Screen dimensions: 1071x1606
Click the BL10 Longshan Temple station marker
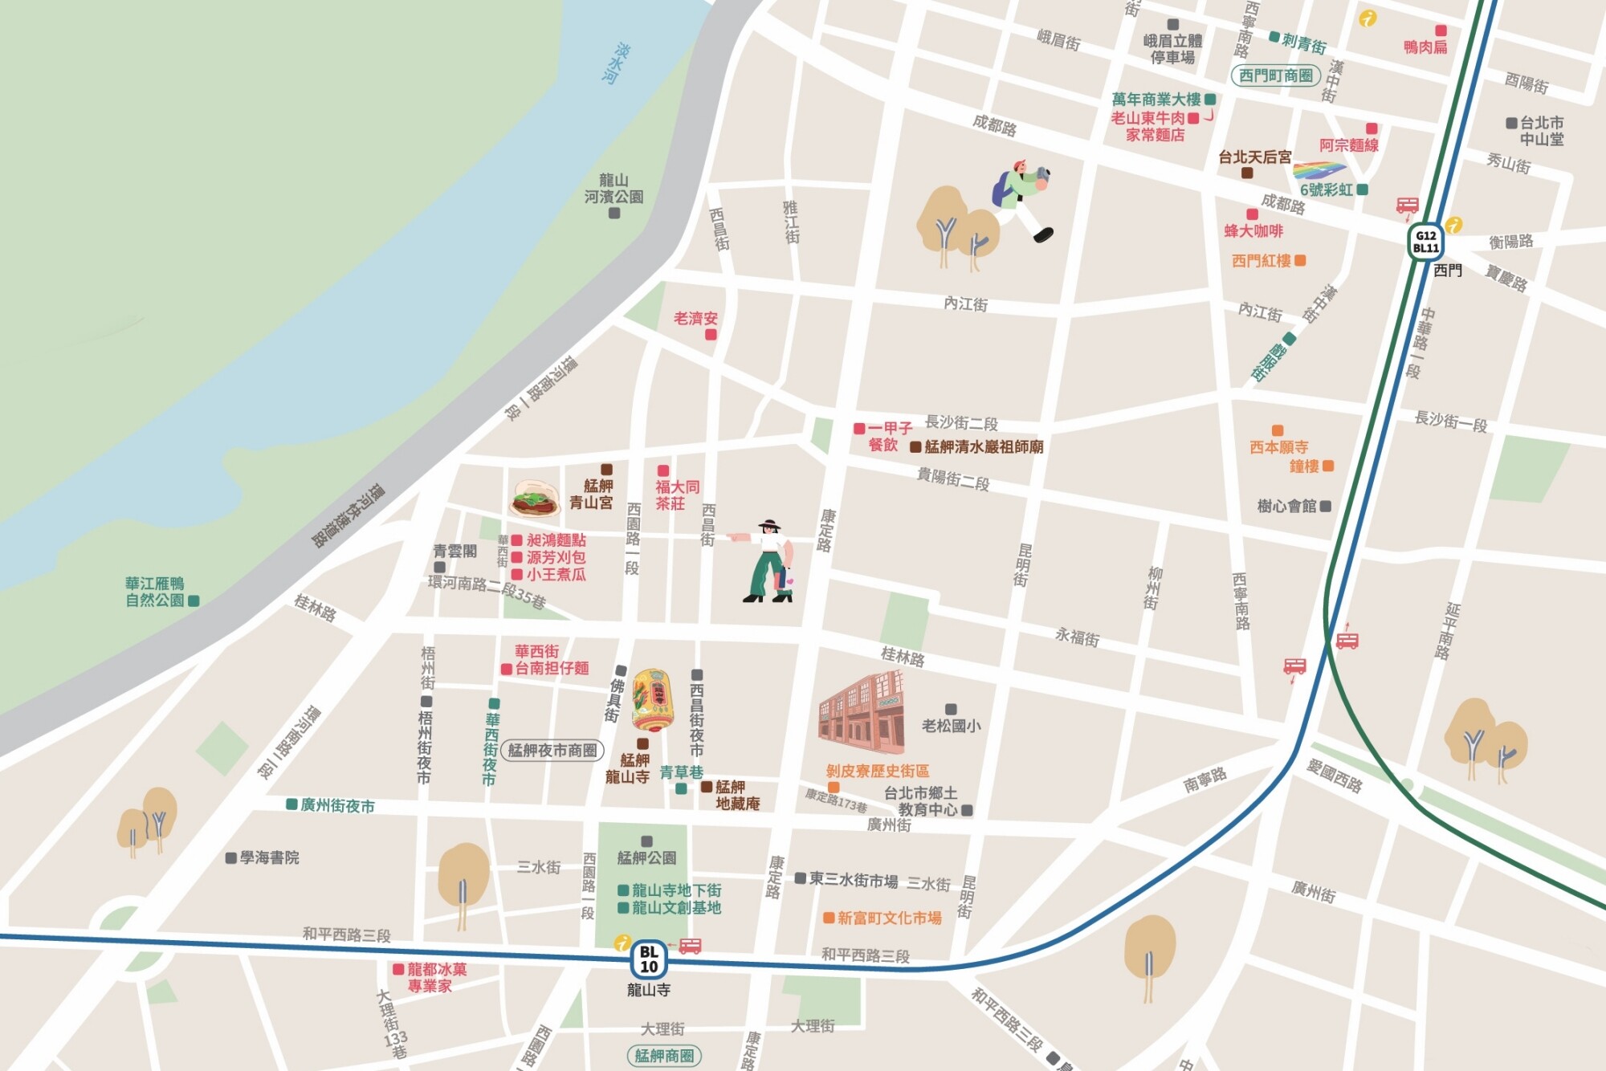click(x=649, y=959)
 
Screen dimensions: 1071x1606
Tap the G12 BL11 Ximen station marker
click(x=1425, y=242)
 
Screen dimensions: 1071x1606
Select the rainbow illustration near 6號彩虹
click(x=1319, y=171)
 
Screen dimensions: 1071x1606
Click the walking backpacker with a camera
click(x=1021, y=200)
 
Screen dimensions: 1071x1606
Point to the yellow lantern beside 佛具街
click(x=652, y=700)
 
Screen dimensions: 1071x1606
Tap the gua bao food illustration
click(x=534, y=499)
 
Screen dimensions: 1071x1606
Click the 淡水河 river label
click(x=616, y=63)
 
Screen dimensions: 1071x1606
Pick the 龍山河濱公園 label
click(x=613, y=189)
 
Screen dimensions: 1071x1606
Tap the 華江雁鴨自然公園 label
click(x=155, y=592)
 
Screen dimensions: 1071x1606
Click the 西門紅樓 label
click(x=1262, y=261)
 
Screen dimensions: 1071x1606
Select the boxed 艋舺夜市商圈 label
click(x=552, y=751)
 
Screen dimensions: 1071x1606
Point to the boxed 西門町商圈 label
click(x=1276, y=75)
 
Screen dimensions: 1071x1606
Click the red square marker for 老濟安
click(x=711, y=335)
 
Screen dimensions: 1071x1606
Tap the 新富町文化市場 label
click(x=889, y=918)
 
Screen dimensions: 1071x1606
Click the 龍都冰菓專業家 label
click(x=436, y=977)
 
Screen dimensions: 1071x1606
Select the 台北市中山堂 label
click(x=1541, y=131)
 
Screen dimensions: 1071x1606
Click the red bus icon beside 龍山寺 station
click(x=690, y=947)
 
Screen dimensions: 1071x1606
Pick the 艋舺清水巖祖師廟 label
click(x=983, y=447)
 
